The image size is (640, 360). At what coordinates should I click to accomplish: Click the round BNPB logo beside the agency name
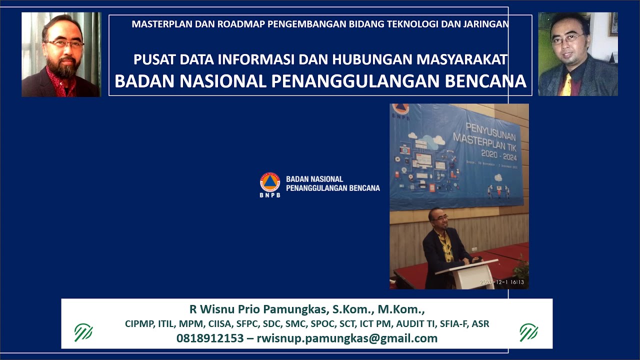coord(270,182)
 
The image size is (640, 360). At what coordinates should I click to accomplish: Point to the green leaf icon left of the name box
coord(83,332)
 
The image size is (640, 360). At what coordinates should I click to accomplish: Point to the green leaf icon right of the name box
coord(528,332)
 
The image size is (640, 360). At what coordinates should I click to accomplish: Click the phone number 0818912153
coord(210,338)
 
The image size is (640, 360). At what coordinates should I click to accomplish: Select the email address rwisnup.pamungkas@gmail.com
coord(347,338)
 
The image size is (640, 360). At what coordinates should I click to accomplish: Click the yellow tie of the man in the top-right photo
coord(567,85)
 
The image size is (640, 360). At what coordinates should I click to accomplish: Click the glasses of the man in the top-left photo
coord(64,44)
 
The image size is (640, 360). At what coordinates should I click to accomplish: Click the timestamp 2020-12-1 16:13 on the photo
coord(501,282)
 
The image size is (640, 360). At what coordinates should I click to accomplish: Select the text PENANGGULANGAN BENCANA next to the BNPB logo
coord(332,188)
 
